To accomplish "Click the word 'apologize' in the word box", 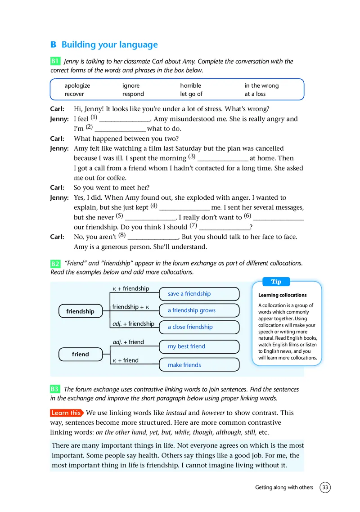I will [x=77, y=85].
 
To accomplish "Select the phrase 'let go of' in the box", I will [x=191, y=94].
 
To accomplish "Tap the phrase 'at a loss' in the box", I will [x=255, y=94].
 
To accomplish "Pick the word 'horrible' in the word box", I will [x=191, y=85].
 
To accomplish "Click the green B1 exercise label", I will [x=55, y=61].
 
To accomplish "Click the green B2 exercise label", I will [x=55, y=263].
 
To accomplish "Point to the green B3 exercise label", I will [x=55, y=389].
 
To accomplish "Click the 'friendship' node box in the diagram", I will [x=80, y=311].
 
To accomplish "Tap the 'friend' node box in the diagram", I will [x=80, y=355].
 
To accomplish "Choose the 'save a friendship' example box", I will [x=199, y=294].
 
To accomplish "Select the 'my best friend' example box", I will [x=199, y=346].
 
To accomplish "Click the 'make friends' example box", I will [x=199, y=365].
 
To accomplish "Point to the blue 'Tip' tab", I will [x=276, y=282].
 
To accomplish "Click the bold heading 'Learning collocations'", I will [x=283, y=295].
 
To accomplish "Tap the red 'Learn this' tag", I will [x=66, y=413].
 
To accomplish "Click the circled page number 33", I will [x=325, y=487].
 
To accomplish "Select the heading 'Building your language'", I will [x=109, y=45].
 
